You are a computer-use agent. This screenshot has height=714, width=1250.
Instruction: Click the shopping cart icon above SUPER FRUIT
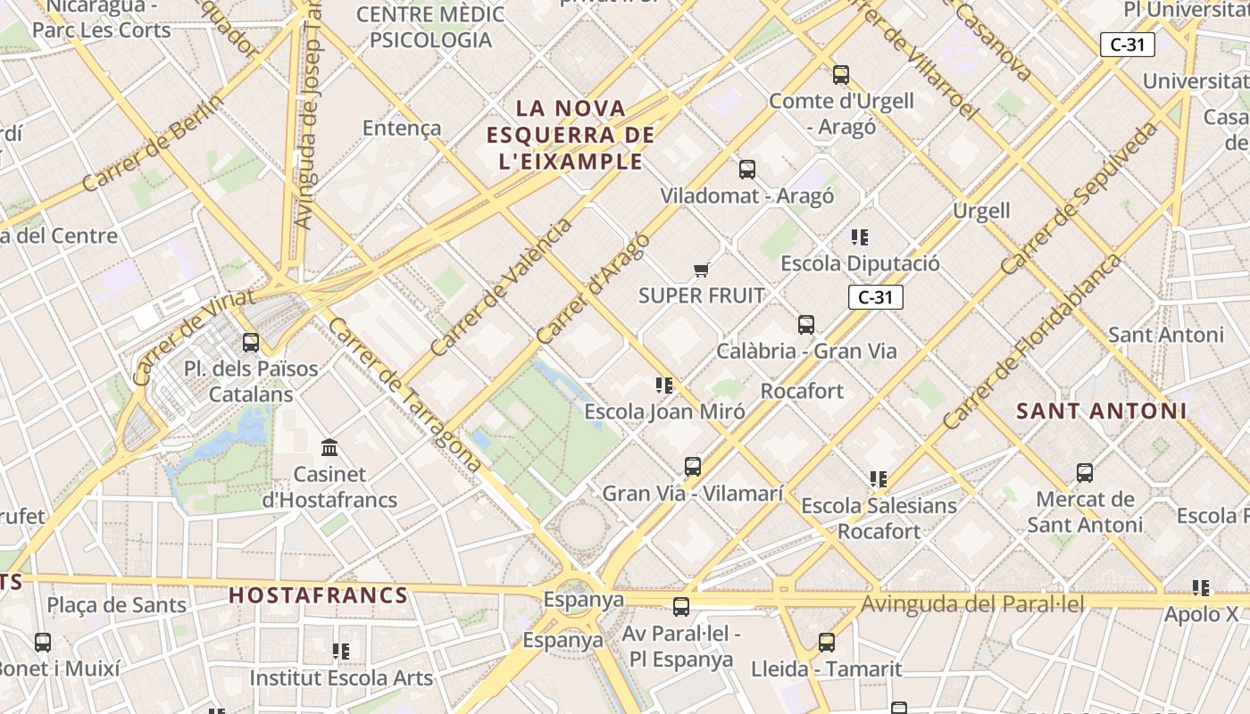[701, 270]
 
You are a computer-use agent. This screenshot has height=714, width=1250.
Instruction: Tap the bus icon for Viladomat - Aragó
[747, 169]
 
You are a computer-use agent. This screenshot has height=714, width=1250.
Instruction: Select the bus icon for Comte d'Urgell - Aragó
[840, 74]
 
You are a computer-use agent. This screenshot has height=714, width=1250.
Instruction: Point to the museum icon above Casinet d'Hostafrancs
[329, 447]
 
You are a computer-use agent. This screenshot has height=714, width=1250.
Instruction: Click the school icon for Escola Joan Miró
[664, 386]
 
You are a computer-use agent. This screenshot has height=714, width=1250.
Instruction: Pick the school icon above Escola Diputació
[860, 237]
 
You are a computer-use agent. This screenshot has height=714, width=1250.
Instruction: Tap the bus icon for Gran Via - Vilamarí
[692, 466]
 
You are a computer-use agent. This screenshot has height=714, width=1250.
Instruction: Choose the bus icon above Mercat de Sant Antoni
[1085, 472]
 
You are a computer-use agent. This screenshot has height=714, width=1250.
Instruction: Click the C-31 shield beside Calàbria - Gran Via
[875, 298]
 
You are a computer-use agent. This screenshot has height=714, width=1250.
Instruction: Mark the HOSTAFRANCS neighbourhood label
[318, 595]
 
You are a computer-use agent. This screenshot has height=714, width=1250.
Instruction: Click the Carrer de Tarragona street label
[404, 394]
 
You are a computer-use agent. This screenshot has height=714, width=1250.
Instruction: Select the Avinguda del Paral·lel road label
[972, 604]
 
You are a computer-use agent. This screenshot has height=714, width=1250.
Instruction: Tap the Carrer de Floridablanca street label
[1031, 341]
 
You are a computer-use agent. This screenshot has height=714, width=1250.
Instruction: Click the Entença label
[402, 129]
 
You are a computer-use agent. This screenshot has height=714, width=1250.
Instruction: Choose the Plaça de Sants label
[117, 605]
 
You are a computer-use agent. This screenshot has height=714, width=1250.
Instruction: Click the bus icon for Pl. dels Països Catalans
[251, 342]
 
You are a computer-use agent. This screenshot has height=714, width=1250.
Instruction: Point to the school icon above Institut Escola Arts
[340, 652]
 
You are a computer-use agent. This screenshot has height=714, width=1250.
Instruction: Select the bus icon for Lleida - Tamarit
[827, 642]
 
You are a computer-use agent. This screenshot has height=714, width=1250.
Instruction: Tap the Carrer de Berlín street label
[153, 143]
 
